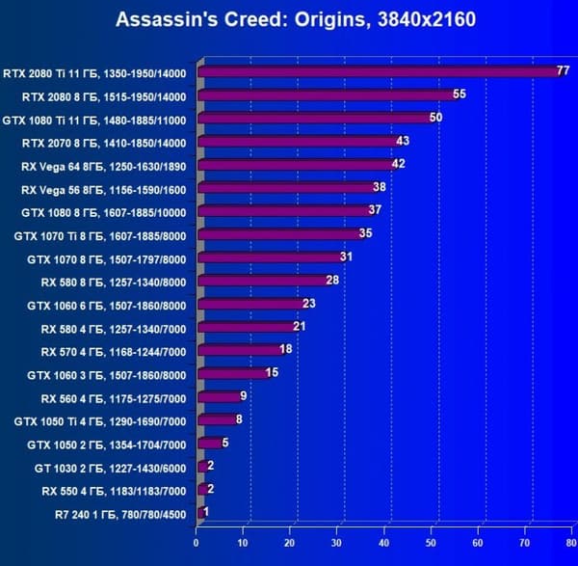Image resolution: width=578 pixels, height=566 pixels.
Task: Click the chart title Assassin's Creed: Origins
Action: click(295, 19)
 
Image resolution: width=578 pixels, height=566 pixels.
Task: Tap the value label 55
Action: click(459, 94)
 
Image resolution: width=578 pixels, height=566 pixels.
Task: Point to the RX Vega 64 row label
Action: click(108, 165)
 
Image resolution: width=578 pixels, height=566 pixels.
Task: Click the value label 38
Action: click(380, 188)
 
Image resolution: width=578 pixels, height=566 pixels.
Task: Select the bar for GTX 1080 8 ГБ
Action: click(285, 211)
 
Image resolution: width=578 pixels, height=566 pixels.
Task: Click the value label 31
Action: click(347, 257)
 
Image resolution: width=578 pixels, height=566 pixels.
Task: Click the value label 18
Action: click(285, 350)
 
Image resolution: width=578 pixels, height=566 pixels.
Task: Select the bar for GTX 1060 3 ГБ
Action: click(233, 373)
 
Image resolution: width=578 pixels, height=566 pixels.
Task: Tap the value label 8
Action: click(238, 419)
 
